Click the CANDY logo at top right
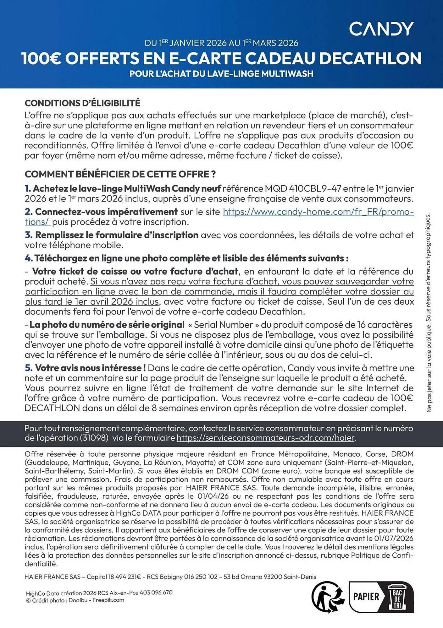(x=381, y=29)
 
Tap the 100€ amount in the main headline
(x=41, y=58)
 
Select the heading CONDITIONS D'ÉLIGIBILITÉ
(x=82, y=103)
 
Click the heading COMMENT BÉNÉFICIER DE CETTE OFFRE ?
(x=120, y=174)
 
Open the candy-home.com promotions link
(x=318, y=212)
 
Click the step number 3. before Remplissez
(x=29, y=235)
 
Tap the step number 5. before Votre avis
(x=29, y=368)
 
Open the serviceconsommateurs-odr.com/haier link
(x=266, y=438)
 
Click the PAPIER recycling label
(x=366, y=596)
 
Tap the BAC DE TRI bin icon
(x=397, y=596)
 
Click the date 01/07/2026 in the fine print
(x=394, y=539)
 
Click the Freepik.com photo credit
(x=108, y=600)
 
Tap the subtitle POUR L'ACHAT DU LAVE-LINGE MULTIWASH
(x=221, y=74)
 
